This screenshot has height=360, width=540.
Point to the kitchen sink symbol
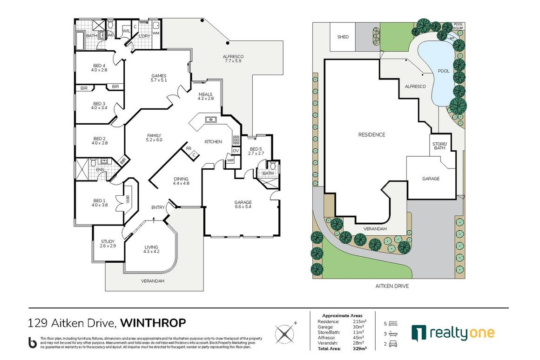(210, 120)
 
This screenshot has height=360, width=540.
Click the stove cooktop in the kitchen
(236, 140)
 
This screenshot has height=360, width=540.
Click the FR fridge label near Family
(189, 148)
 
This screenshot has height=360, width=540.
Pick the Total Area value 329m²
(359, 348)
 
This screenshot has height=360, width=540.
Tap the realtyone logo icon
(419, 333)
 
